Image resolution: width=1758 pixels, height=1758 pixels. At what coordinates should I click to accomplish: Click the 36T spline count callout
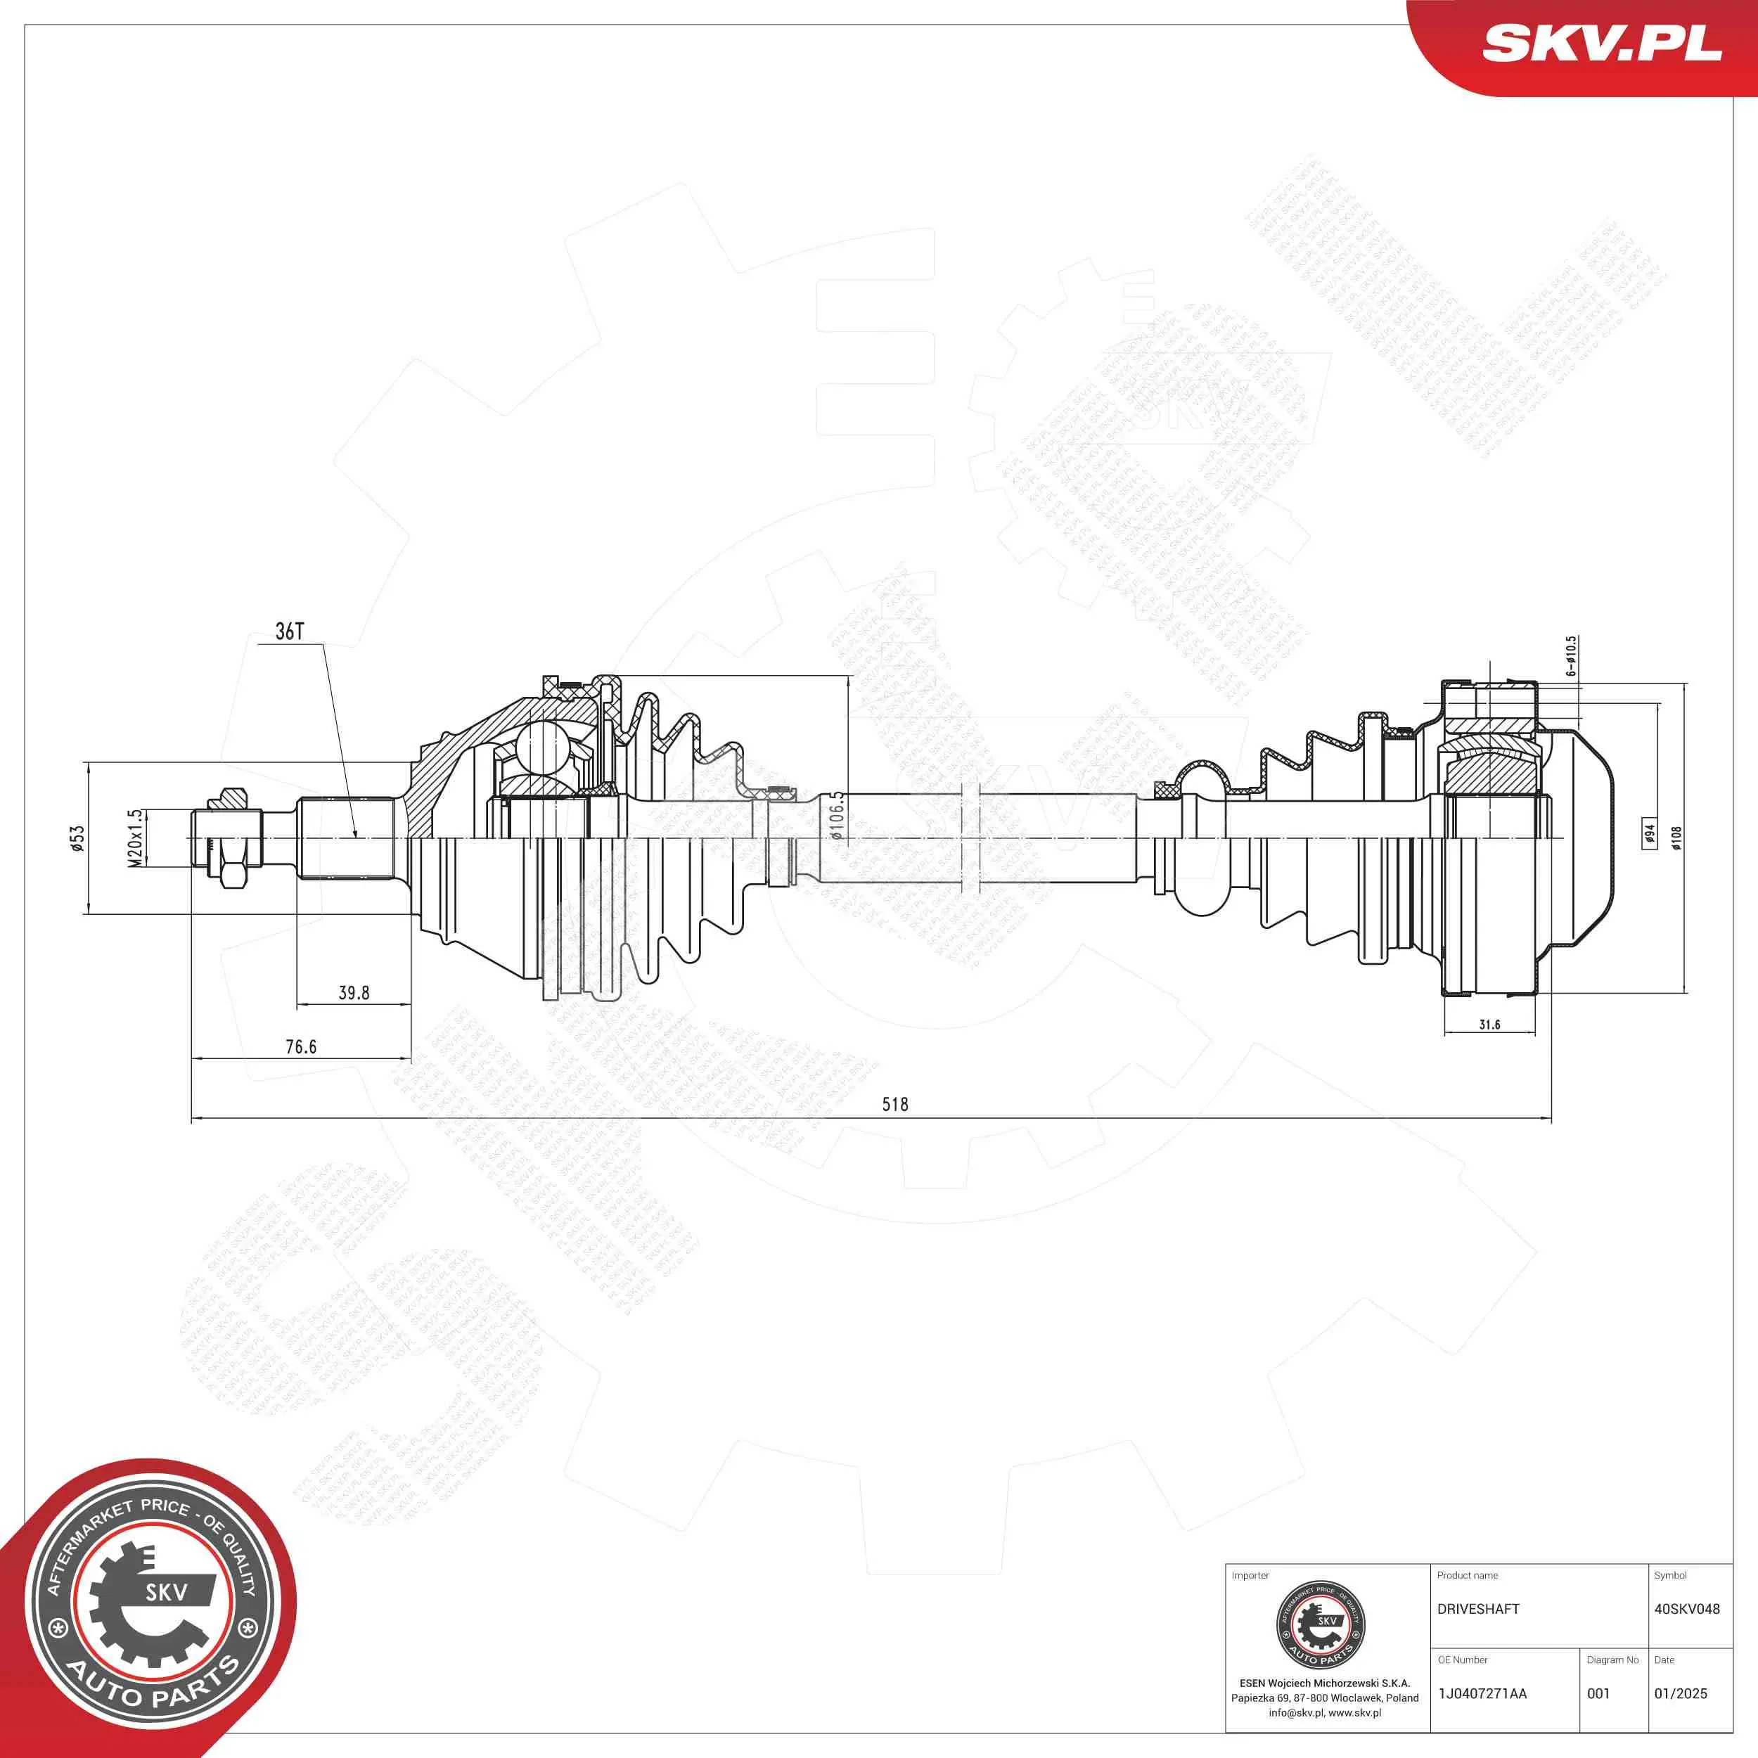(289, 631)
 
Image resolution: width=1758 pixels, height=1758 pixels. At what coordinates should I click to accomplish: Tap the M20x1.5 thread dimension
(135, 838)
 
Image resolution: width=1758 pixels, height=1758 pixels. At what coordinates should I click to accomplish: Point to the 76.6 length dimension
(301, 1046)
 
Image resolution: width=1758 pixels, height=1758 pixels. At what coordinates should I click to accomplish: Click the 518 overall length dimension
(894, 1104)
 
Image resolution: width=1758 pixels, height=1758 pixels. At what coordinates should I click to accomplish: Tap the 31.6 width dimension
(1489, 1025)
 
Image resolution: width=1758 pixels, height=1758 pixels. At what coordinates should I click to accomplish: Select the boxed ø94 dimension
(1649, 833)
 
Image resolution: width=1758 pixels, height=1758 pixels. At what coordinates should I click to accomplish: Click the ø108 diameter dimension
(1677, 837)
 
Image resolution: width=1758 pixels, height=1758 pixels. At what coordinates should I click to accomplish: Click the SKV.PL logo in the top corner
(1601, 43)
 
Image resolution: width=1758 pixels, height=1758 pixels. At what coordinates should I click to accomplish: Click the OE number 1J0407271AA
(1482, 1693)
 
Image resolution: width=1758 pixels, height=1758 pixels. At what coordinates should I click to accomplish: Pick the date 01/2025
(1681, 1693)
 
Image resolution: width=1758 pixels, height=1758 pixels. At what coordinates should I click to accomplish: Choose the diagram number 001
(1599, 1693)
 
